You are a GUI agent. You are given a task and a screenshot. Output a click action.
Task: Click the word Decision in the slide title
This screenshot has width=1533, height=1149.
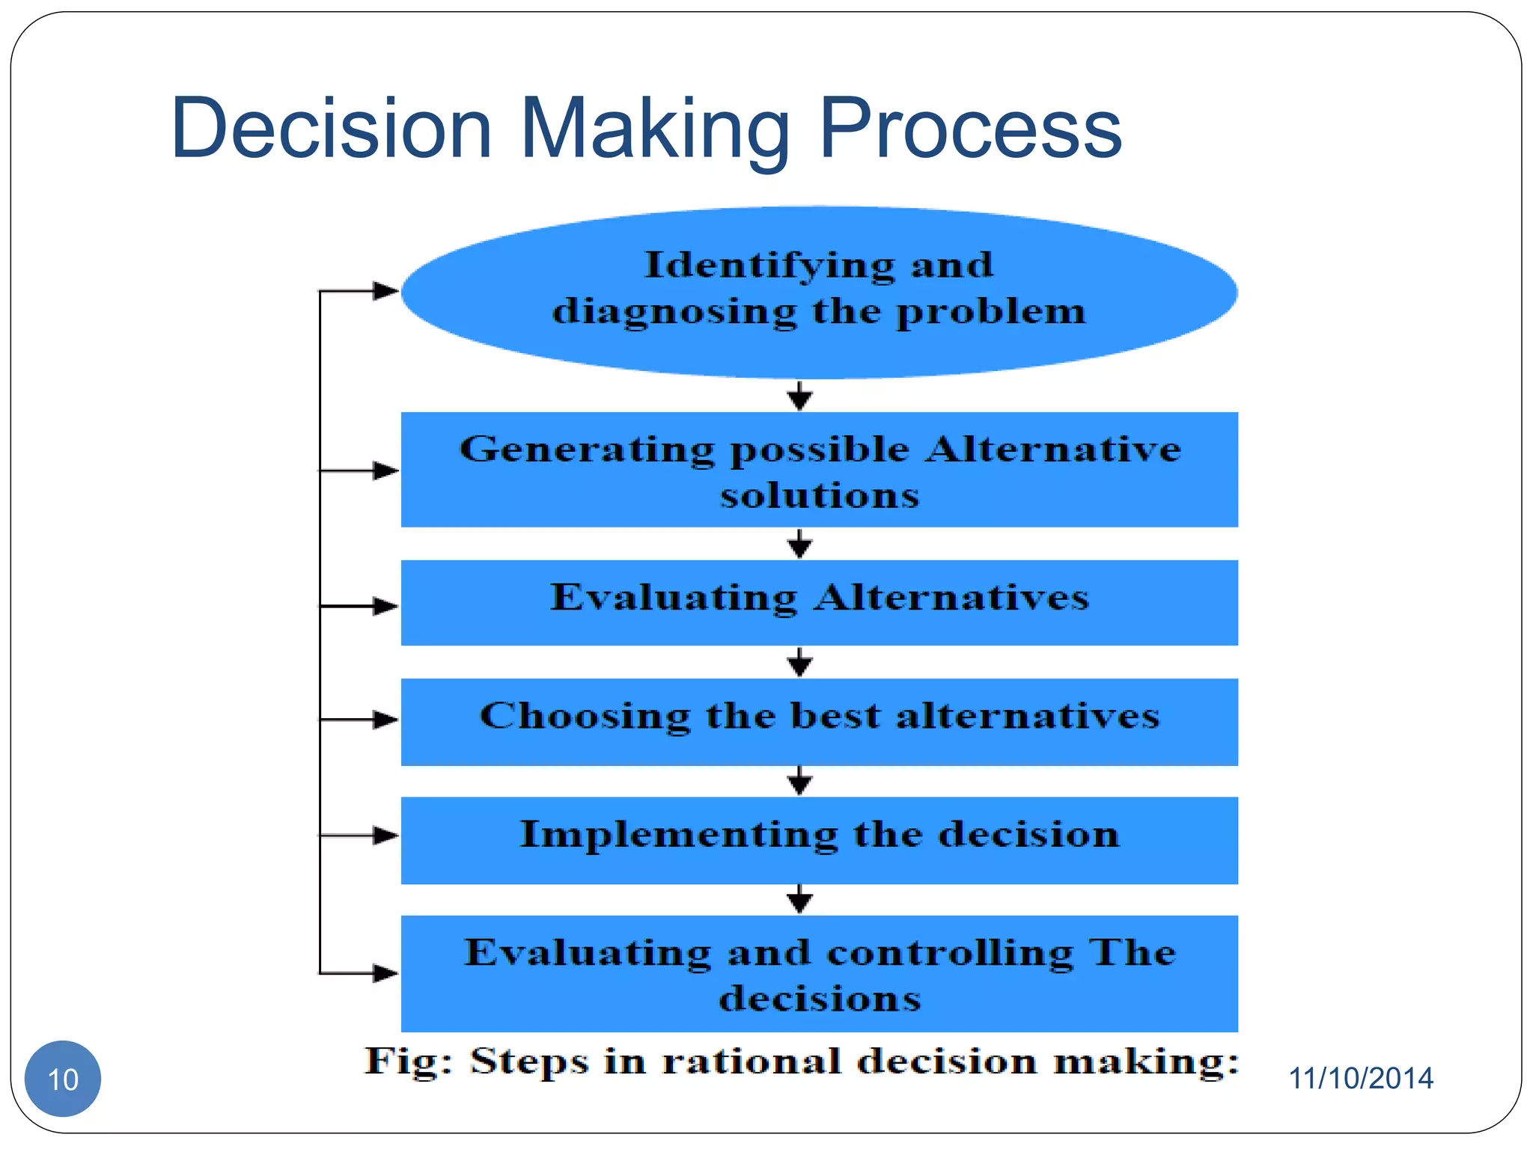click(x=332, y=129)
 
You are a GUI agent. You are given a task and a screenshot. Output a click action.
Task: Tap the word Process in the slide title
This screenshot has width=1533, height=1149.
click(x=970, y=129)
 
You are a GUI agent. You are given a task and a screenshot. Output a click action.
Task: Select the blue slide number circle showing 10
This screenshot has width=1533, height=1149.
click(x=63, y=1079)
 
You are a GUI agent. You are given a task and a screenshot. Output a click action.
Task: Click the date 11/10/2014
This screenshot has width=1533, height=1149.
click(x=1360, y=1078)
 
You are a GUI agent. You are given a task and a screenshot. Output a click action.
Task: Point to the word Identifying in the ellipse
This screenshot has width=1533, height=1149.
click(x=769, y=266)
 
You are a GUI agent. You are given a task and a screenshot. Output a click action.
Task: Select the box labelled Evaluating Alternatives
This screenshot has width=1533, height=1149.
click(x=819, y=602)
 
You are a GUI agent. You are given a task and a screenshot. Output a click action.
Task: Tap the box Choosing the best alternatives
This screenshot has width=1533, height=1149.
click(x=819, y=721)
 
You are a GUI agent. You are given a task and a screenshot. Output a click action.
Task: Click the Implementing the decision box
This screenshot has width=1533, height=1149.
click(x=819, y=839)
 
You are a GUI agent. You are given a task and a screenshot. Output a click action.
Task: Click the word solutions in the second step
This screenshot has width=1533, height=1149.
click(x=820, y=496)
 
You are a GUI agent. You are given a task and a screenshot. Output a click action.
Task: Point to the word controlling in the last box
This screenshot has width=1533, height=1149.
click(x=949, y=953)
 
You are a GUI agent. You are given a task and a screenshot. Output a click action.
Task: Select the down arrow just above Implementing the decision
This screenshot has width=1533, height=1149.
click(x=799, y=782)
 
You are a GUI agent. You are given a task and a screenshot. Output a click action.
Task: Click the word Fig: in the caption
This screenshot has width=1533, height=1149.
click(x=409, y=1061)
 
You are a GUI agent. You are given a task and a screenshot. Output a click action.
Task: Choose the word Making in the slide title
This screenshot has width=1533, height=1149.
click(x=655, y=129)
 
